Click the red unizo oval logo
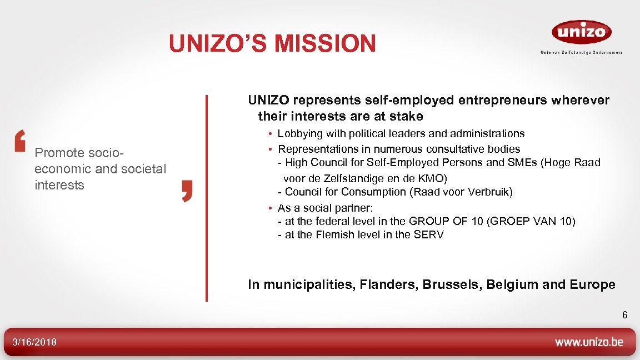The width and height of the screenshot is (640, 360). point(581,32)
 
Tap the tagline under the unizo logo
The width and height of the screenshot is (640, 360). point(581,53)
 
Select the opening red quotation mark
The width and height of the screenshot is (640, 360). point(20,141)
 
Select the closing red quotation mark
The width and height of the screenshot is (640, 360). point(187,191)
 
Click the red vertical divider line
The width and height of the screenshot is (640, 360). point(207,197)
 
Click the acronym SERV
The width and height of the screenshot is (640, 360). point(428,234)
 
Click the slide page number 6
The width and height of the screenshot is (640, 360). point(624,316)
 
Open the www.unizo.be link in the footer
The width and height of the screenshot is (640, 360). point(589,342)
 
